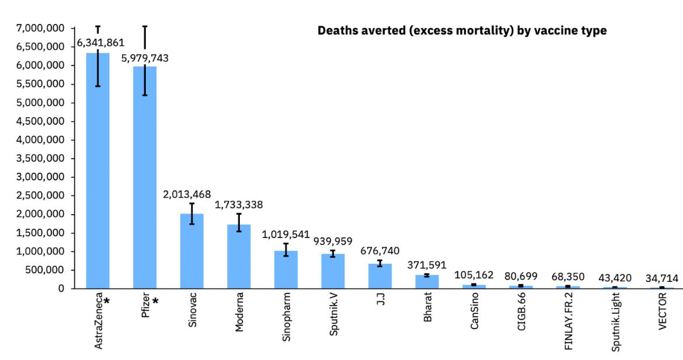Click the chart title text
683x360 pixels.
click(x=462, y=30)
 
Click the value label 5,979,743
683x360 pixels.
click(x=144, y=58)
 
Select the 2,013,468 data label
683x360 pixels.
click(x=187, y=194)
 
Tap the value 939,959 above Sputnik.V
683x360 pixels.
click(x=333, y=241)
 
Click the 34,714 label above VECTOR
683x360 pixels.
click(x=662, y=278)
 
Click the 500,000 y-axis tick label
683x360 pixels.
click(x=47, y=270)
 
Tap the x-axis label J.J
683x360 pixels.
click(x=380, y=302)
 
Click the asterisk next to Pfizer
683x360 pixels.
click(x=155, y=302)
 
